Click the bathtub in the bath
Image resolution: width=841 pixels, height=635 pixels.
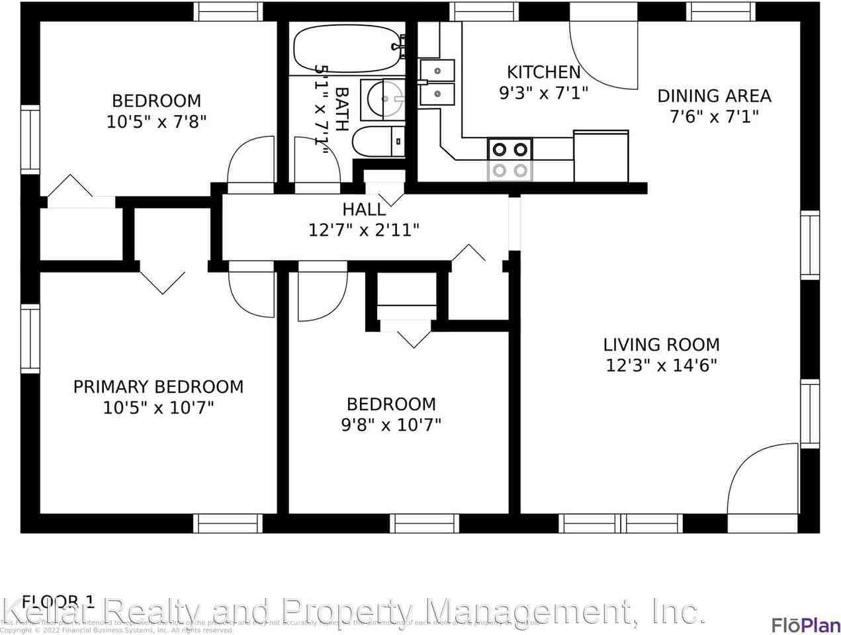(x=348, y=48)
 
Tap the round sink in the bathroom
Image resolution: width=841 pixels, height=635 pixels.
(x=384, y=100)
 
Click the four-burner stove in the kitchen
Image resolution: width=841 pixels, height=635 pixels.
(x=510, y=159)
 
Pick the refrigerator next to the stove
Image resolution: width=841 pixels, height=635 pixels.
(x=601, y=156)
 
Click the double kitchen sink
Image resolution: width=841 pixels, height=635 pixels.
(x=437, y=82)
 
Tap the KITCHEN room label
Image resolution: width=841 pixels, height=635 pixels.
(x=543, y=72)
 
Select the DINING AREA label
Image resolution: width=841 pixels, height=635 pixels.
(x=713, y=96)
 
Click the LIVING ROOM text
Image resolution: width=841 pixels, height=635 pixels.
(x=661, y=345)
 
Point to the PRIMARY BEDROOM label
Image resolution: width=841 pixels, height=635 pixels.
(x=158, y=387)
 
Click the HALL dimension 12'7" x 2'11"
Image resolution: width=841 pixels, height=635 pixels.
(x=364, y=230)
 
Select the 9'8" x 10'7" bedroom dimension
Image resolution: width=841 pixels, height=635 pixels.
(x=391, y=424)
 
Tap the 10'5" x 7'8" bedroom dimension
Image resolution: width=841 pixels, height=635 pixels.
(x=156, y=122)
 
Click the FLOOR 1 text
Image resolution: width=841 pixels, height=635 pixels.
(x=59, y=601)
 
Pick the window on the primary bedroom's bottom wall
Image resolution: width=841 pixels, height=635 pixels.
(x=228, y=523)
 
